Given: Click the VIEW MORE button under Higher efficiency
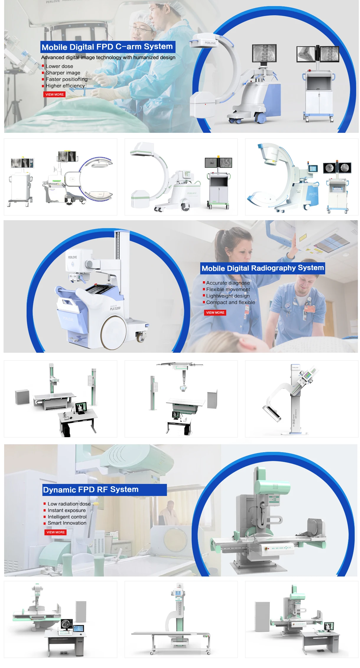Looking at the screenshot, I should click(x=55, y=94).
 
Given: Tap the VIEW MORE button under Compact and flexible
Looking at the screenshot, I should click(x=215, y=313).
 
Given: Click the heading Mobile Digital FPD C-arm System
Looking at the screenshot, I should click(x=107, y=47).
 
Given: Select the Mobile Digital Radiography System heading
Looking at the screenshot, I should click(x=263, y=268).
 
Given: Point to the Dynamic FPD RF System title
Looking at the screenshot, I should click(x=91, y=490).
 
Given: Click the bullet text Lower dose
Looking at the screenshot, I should click(x=59, y=66).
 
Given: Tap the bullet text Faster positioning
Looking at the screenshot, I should click(x=66, y=79).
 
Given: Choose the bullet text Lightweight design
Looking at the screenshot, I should click(x=228, y=296).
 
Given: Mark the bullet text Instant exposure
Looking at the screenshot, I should click(x=67, y=510).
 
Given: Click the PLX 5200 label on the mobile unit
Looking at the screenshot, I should click(x=115, y=308).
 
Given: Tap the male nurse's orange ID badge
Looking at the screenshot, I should click(x=309, y=309).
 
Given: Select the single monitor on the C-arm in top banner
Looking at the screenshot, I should click(x=264, y=53).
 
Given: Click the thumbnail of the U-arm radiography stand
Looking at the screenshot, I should click(x=302, y=399).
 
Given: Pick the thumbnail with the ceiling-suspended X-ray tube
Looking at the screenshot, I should click(x=181, y=399).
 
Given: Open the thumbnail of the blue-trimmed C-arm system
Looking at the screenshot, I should click(x=302, y=177).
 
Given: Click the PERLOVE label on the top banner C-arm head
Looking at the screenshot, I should click(x=210, y=43).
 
